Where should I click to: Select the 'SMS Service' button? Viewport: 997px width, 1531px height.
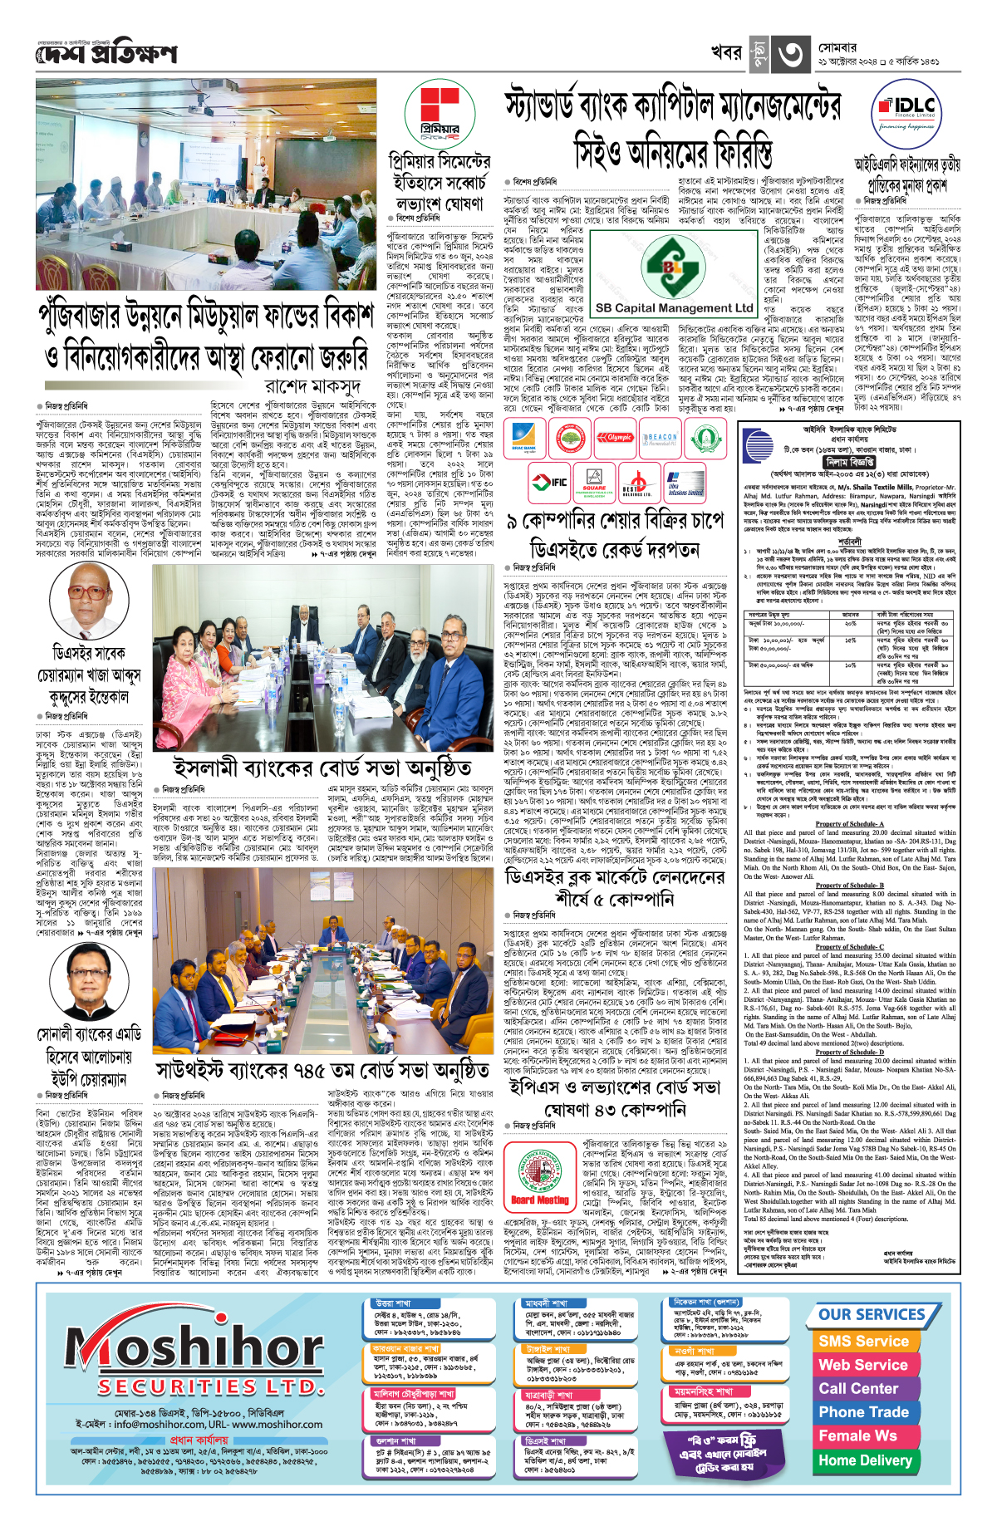pos(863,1341)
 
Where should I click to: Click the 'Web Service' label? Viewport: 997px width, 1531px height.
pos(863,1365)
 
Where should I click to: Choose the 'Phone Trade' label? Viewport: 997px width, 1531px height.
pos(863,1412)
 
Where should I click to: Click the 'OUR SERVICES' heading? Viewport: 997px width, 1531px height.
pos(872,1314)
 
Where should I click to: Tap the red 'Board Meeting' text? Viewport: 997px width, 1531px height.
pos(540,1200)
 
